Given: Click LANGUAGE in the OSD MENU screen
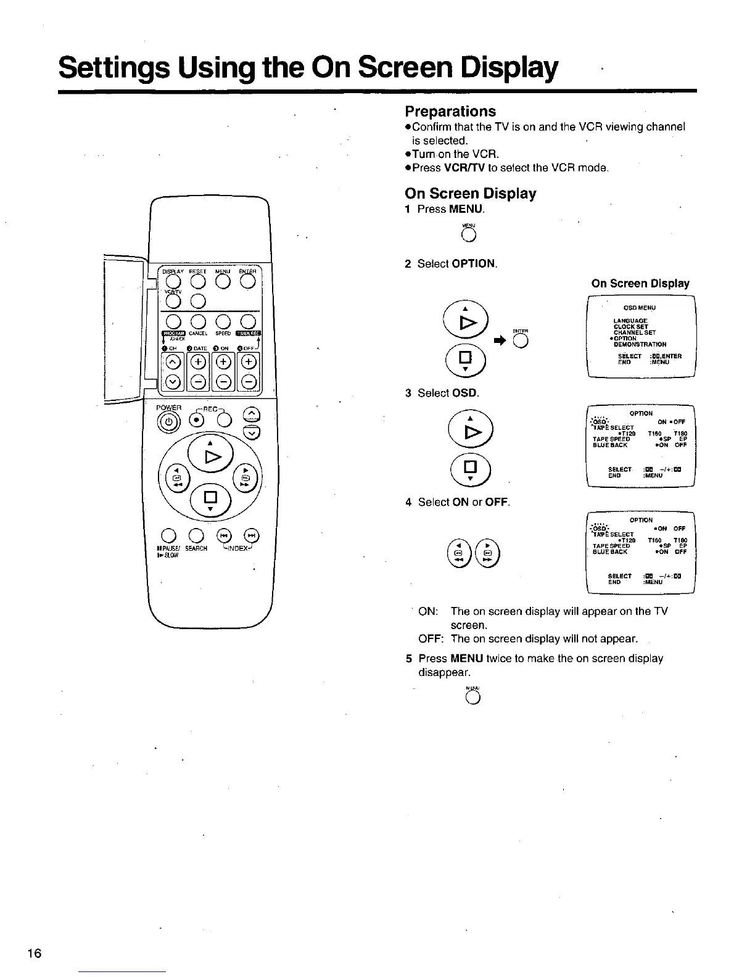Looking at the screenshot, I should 626,321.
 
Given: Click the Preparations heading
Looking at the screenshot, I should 450,112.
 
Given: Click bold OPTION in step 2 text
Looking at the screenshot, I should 474,264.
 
